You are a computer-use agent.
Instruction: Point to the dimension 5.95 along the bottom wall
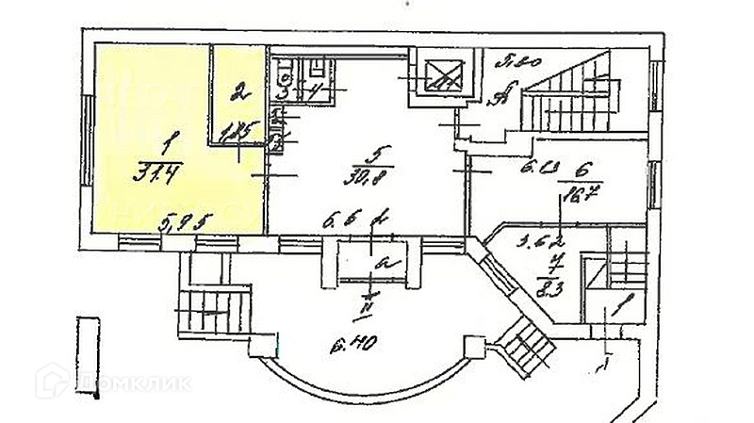point(185,225)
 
